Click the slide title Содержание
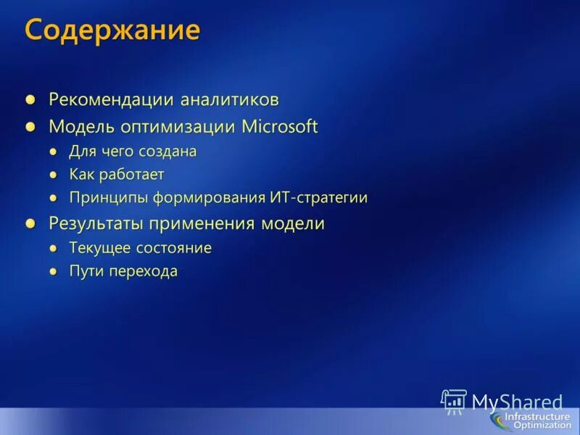(112, 30)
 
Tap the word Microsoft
(280, 126)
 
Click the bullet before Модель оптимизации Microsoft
(30, 126)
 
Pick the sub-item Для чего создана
(133, 152)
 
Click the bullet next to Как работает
(53, 175)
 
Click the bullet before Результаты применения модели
(30, 223)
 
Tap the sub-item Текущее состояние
(141, 248)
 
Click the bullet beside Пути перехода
(53, 272)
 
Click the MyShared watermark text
(516, 401)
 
